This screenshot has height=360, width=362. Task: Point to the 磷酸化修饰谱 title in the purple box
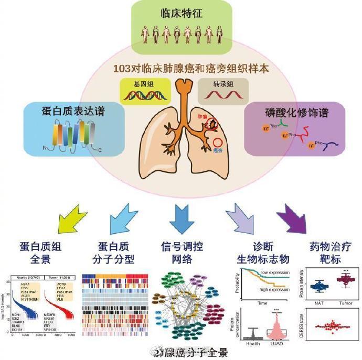289,112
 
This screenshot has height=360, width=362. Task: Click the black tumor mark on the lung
212,124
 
